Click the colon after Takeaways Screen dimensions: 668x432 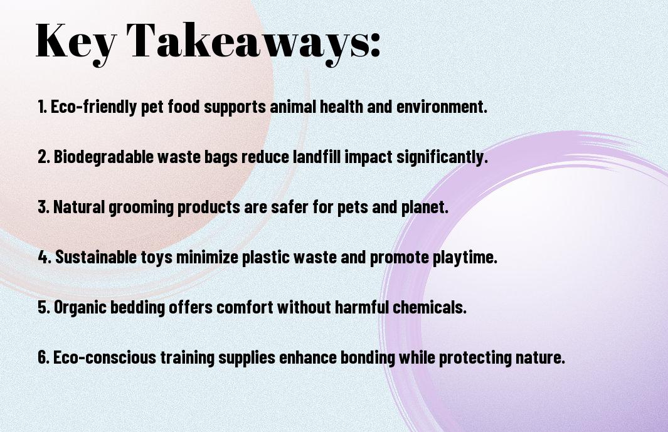click(x=375, y=45)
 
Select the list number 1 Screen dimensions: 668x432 click(x=42, y=107)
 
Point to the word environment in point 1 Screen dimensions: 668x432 click(x=442, y=107)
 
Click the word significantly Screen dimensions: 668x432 click(x=442, y=157)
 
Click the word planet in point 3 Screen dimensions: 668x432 click(x=425, y=207)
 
